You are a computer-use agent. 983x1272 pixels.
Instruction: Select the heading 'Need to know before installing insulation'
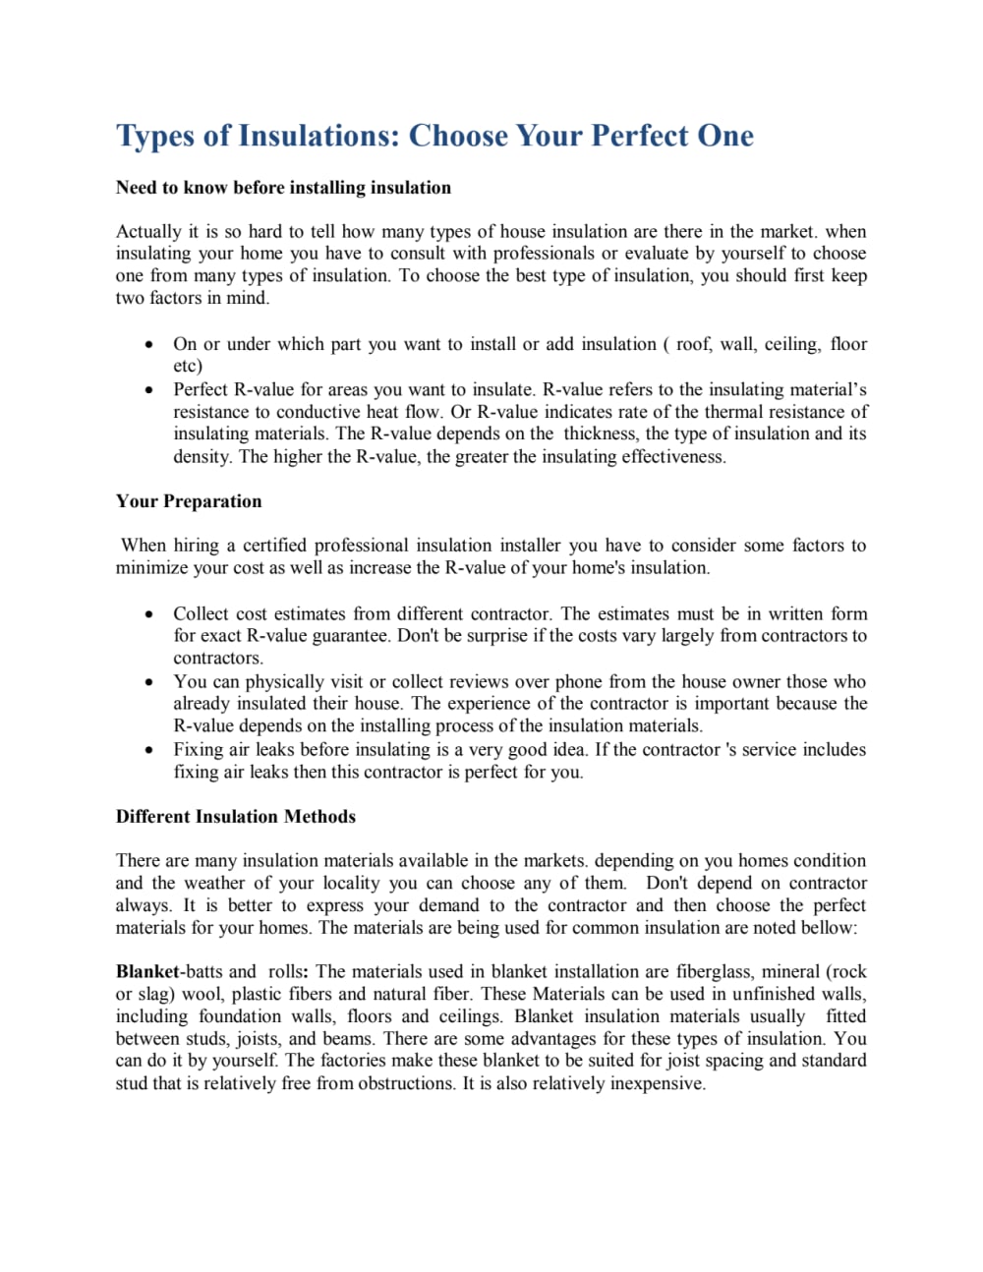(283, 188)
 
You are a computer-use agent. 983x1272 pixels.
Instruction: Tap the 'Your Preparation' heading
(189, 501)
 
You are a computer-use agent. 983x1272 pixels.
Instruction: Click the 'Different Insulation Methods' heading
(236, 817)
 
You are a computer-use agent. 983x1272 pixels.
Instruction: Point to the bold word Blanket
(147, 971)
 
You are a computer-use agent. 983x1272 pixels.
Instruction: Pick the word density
(203, 457)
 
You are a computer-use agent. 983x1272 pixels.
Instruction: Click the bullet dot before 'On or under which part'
(148, 345)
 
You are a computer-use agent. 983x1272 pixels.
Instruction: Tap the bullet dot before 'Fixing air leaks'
(148, 750)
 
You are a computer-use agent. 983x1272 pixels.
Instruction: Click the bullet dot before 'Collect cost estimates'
(148, 614)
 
